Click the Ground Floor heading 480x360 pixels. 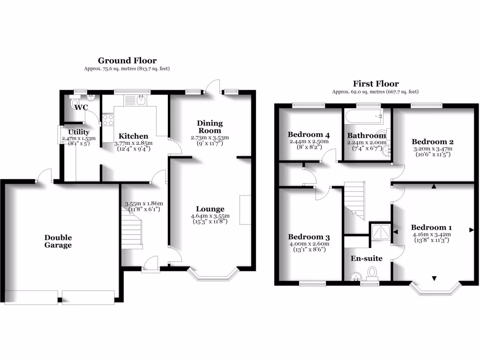pyautogui.click(x=127, y=60)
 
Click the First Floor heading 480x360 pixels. pyautogui.click(x=375, y=84)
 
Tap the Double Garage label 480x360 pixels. pyautogui.click(x=58, y=241)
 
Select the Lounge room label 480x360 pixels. pyautogui.click(x=210, y=209)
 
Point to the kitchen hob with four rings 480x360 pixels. pyautogui.click(x=108, y=120)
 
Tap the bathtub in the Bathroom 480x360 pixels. pyautogui.click(x=364, y=115)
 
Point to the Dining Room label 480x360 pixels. pyautogui.click(x=210, y=127)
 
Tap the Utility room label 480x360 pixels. pyautogui.click(x=78, y=132)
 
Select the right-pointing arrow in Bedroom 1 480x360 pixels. pyautogui.click(x=471, y=230)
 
